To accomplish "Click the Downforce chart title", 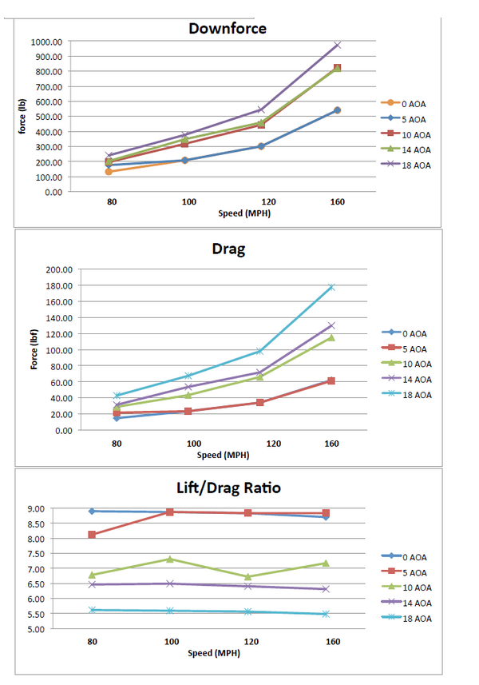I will click(x=228, y=29).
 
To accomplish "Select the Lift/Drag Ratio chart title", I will click(x=228, y=487).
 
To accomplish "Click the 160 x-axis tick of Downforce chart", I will click(x=338, y=202).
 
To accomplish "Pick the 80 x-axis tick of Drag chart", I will click(x=117, y=443).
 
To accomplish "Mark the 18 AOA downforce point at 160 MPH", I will click(x=338, y=45).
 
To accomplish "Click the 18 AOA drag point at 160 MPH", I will click(x=330, y=287).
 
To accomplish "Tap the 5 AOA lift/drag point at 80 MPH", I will click(x=93, y=535).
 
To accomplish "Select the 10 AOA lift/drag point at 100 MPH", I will click(x=170, y=559).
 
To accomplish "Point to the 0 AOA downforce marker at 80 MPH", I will click(x=109, y=172).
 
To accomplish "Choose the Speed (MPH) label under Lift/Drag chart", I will click(x=212, y=653).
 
